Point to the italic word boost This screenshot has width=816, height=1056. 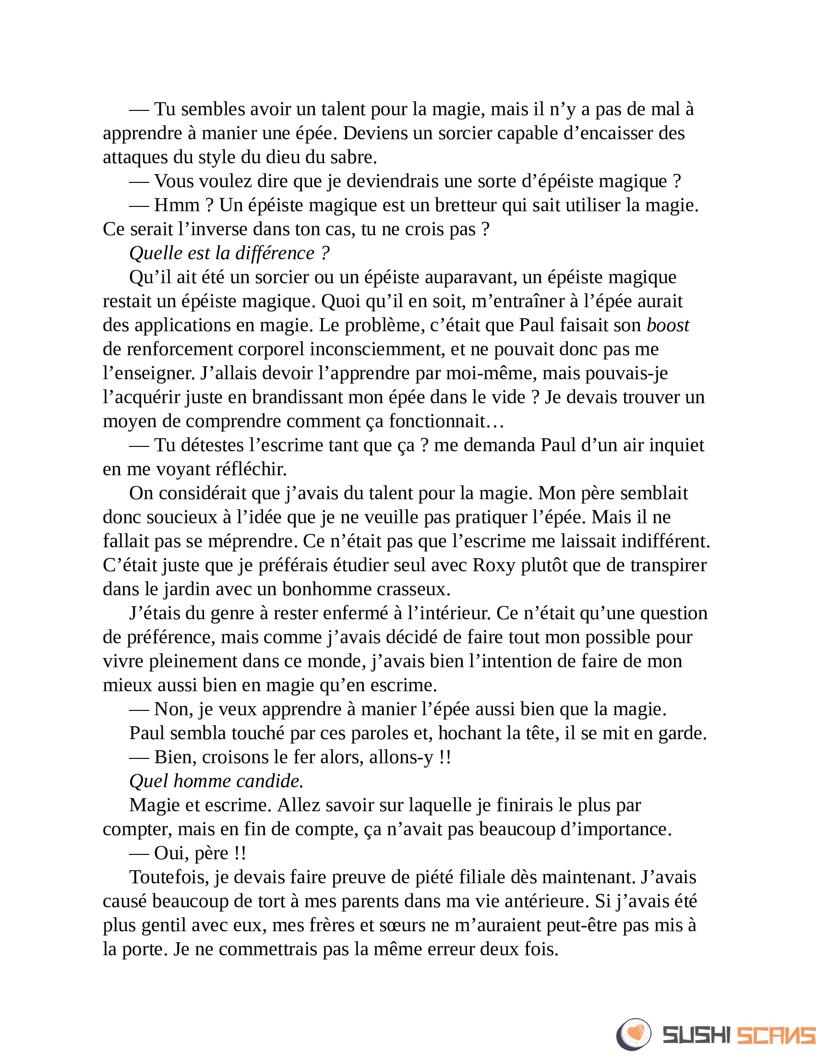pyautogui.click(x=668, y=325)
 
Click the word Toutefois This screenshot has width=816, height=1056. pyautogui.click(x=169, y=877)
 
